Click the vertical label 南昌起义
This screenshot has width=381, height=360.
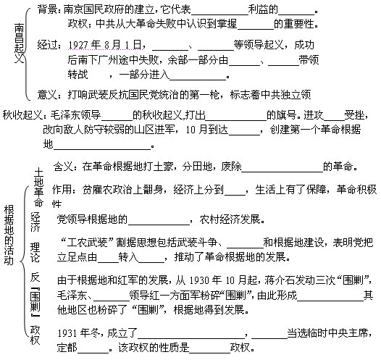click(x=19, y=43)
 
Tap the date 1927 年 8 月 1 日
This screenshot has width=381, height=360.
click(x=105, y=45)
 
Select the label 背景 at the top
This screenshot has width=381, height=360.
click(x=48, y=9)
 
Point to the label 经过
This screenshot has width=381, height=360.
click(x=48, y=45)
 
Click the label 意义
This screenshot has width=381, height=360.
click(x=48, y=94)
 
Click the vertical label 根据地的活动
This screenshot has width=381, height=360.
click(x=9, y=235)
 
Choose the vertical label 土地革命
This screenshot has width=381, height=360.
click(x=38, y=187)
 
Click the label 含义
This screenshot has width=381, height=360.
click(x=63, y=167)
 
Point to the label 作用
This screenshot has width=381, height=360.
click(x=62, y=190)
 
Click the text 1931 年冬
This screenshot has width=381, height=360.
click(x=79, y=332)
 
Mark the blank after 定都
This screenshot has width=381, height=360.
click(x=93, y=352)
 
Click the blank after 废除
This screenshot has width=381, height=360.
click(x=282, y=172)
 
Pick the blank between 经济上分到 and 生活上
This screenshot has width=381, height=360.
click(x=235, y=195)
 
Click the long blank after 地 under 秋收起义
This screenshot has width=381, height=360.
click(x=102, y=149)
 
